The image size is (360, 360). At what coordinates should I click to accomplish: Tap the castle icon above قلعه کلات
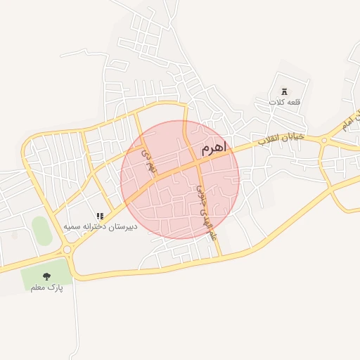click(x=284, y=91)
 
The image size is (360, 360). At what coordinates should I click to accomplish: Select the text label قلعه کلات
click(x=284, y=102)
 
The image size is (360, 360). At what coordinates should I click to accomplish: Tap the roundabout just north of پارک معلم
click(x=67, y=250)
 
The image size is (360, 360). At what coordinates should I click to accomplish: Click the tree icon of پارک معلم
click(x=46, y=276)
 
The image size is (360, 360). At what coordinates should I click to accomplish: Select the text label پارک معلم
click(x=46, y=288)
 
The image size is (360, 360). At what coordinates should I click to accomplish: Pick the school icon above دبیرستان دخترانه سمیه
click(x=101, y=217)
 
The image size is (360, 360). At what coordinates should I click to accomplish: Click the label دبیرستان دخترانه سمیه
click(x=101, y=227)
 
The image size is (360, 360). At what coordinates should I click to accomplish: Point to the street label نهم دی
click(x=146, y=159)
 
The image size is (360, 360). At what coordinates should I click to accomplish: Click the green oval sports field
click(x=41, y=231)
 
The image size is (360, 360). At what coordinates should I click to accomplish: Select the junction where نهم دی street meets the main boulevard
click(x=155, y=184)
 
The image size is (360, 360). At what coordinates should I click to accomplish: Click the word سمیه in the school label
click(x=74, y=227)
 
